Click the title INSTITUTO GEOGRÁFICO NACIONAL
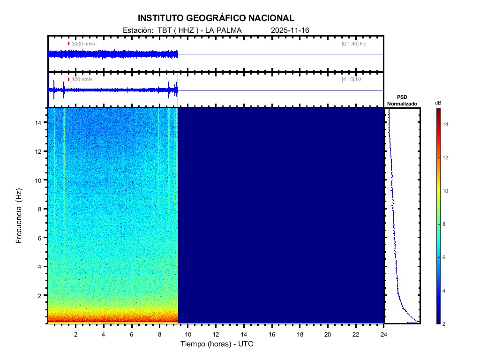pyautogui.click(x=216, y=18)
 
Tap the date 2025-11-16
pyautogui.click(x=290, y=30)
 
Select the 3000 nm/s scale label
pyautogui.click(x=83, y=44)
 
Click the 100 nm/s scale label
pyautogui.click(x=82, y=80)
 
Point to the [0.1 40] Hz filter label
pyautogui.click(x=354, y=44)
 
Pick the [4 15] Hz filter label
pyautogui.click(x=352, y=80)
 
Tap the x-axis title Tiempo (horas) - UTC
pyautogui.click(x=217, y=344)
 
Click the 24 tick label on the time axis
pyautogui.click(x=384, y=334)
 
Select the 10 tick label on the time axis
pyautogui.click(x=187, y=334)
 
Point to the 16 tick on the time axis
pyautogui.click(x=272, y=334)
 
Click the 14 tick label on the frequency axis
pyautogui.click(x=39, y=122)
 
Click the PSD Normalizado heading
pyautogui.click(x=402, y=100)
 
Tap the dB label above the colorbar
pyautogui.click(x=438, y=103)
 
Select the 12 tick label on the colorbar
pyautogui.click(x=447, y=157)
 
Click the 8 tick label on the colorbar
pyautogui.click(x=445, y=225)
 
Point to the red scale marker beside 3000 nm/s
pyautogui.click(x=68, y=44)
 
